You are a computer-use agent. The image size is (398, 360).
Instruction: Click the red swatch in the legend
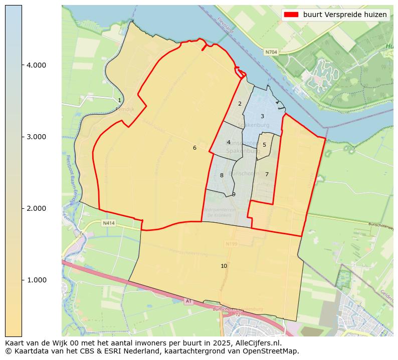coord(291,15)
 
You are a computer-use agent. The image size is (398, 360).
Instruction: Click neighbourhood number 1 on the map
coord(119,101)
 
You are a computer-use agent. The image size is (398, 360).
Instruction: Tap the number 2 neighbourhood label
coord(240,104)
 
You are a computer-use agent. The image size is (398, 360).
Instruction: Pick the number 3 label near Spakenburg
coord(262,116)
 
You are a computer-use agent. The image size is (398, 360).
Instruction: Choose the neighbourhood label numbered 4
coord(229,142)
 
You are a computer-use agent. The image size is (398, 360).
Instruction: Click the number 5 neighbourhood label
coord(264,145)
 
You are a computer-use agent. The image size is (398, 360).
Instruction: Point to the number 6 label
coord(194,148)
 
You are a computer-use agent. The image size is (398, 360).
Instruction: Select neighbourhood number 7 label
coord(267,174)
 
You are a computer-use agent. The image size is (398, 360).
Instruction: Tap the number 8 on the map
coord(222,175)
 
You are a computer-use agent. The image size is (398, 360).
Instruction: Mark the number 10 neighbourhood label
coord(224,266)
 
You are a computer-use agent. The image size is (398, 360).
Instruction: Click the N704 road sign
coord(271,52)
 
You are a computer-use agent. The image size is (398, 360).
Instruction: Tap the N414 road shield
coord(109,223)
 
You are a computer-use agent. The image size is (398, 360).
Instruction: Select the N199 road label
coord(231,244)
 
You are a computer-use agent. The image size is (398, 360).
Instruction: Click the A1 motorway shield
coord(188,301)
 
